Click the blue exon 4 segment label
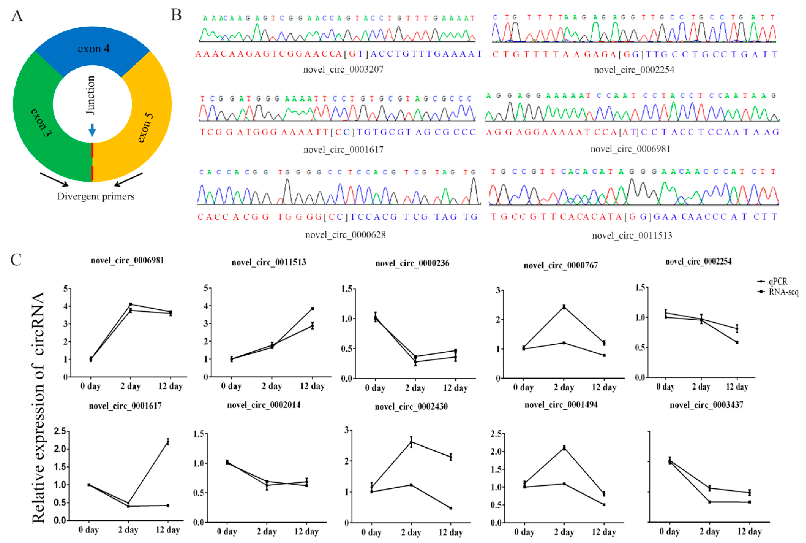[94, 49]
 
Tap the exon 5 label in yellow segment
[145, 127]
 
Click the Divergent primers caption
[96, 196]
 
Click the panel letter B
[176, 15]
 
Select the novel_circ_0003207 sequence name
[343, 69]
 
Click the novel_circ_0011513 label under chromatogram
[632, 235]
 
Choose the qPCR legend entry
[778, 281]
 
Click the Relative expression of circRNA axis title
[38, 407]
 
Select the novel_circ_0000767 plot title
[560, 265]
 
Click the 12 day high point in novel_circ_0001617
[168, 441]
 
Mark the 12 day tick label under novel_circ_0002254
[737, 387]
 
